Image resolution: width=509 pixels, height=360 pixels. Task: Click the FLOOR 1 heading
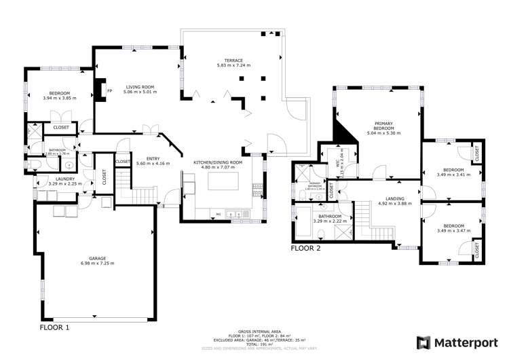point(55,327)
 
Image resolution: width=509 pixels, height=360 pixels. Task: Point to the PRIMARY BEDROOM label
point(383,128)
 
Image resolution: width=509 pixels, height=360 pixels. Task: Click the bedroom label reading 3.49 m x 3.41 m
point(453,172)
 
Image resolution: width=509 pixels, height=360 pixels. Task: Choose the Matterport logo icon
point(423,342)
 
